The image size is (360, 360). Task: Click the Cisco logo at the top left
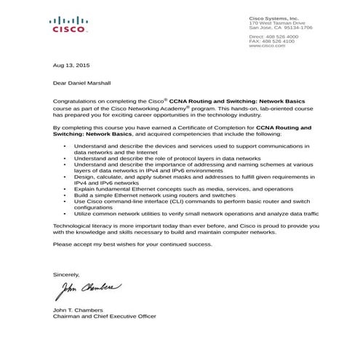click(x=70, y=25)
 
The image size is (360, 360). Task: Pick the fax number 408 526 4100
click(x=279, y=41)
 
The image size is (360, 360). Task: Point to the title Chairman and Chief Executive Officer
click(x=105, y=316)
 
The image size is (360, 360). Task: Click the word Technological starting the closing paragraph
click(x=76, y=227)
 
